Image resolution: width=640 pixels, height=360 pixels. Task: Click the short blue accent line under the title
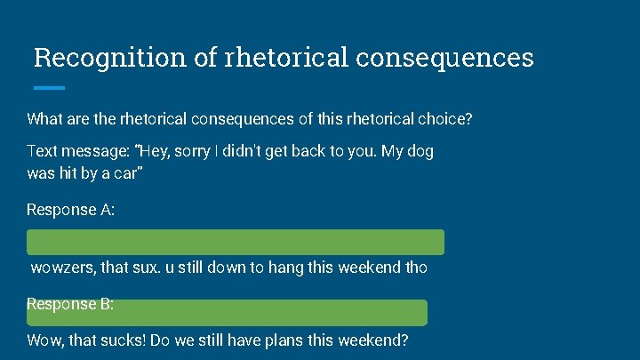click(49, 87)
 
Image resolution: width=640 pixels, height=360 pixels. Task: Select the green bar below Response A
click(236, 242)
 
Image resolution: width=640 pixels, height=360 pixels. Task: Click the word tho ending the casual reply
click(415, 268)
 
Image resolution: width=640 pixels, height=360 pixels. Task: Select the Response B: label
click(70, 304)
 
